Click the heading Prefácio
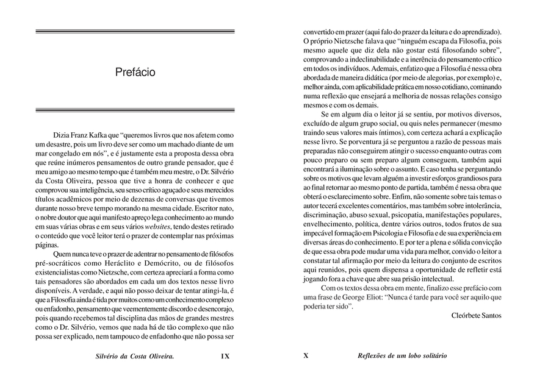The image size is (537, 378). pyautogui.click(x=135, y=72)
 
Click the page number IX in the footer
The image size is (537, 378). pyautogui.click(x=225, y=356)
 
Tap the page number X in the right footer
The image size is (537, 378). pyautogui.click(x=306, y=356)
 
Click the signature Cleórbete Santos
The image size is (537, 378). pyautogui.click(x=476, y=315)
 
